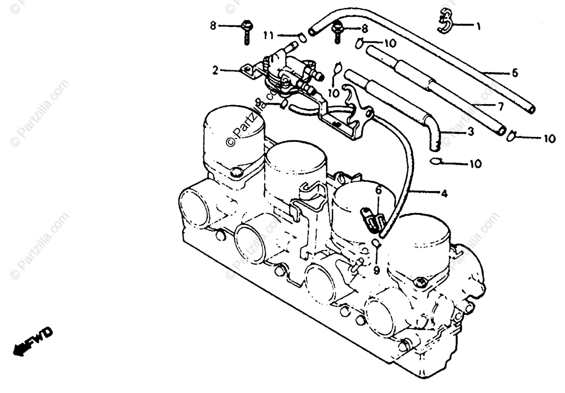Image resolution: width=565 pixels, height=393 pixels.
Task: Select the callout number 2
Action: click(x=215, y=71)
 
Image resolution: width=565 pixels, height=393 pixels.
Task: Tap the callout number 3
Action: click(x=470, y=133)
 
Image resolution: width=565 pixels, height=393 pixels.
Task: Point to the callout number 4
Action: click(x=444, y=193)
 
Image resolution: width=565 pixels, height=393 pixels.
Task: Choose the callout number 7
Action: click(x=500, y=106)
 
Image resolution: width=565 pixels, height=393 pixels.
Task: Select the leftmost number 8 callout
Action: click(x=213, y=26)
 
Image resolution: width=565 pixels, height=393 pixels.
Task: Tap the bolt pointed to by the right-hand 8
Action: click(x=337, y=33)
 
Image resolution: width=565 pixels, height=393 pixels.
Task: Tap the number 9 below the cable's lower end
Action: click(x=376, y=270)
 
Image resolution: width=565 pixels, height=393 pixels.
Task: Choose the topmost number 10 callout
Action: click(x=390, y=43)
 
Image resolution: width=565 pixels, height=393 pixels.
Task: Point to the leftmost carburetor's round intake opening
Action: click(x=194, y=207)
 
